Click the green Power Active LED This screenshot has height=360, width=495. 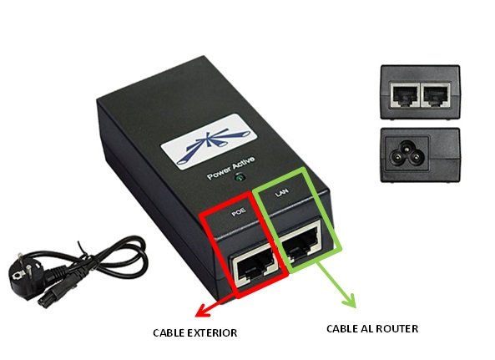[240, 178]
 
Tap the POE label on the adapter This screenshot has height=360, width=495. [239, 212]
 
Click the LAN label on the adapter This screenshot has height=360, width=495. [281, 192]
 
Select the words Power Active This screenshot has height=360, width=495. [230, 169]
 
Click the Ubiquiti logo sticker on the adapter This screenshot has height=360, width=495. [209, 142]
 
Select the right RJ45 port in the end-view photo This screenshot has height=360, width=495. [436, 95]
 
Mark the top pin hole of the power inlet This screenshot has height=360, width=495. [406, 146]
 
